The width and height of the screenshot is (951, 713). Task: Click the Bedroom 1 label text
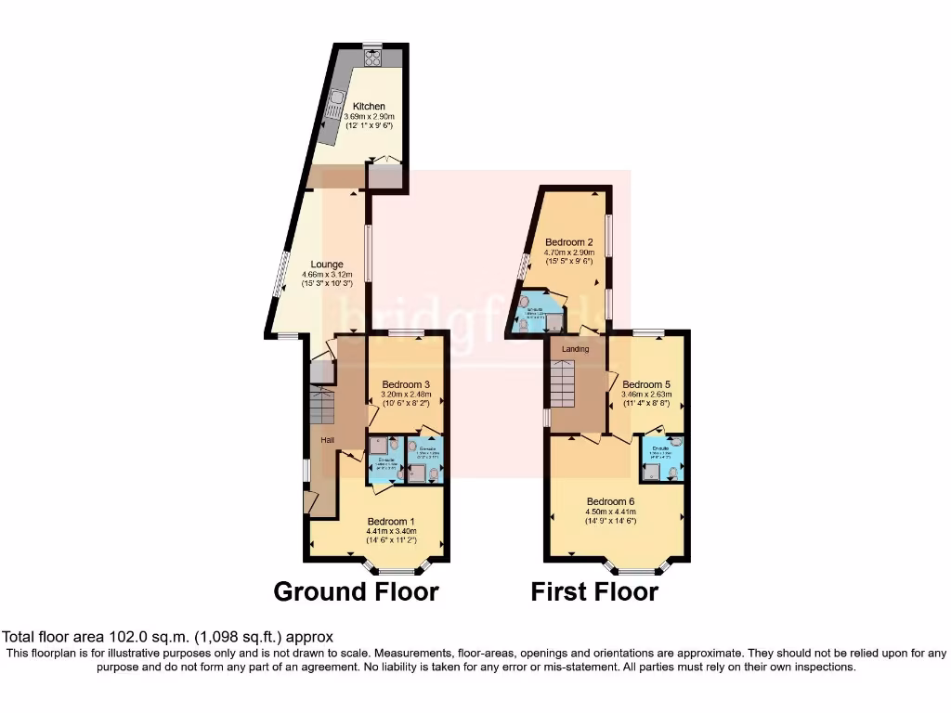point(391,520)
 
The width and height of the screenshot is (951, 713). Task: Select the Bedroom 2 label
point(569,242)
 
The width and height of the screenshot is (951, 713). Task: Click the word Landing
point(575,349)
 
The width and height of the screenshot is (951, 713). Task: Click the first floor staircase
point(565,384)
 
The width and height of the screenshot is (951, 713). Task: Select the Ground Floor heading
point(356,591)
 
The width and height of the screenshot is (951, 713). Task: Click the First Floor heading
point(594,591)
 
